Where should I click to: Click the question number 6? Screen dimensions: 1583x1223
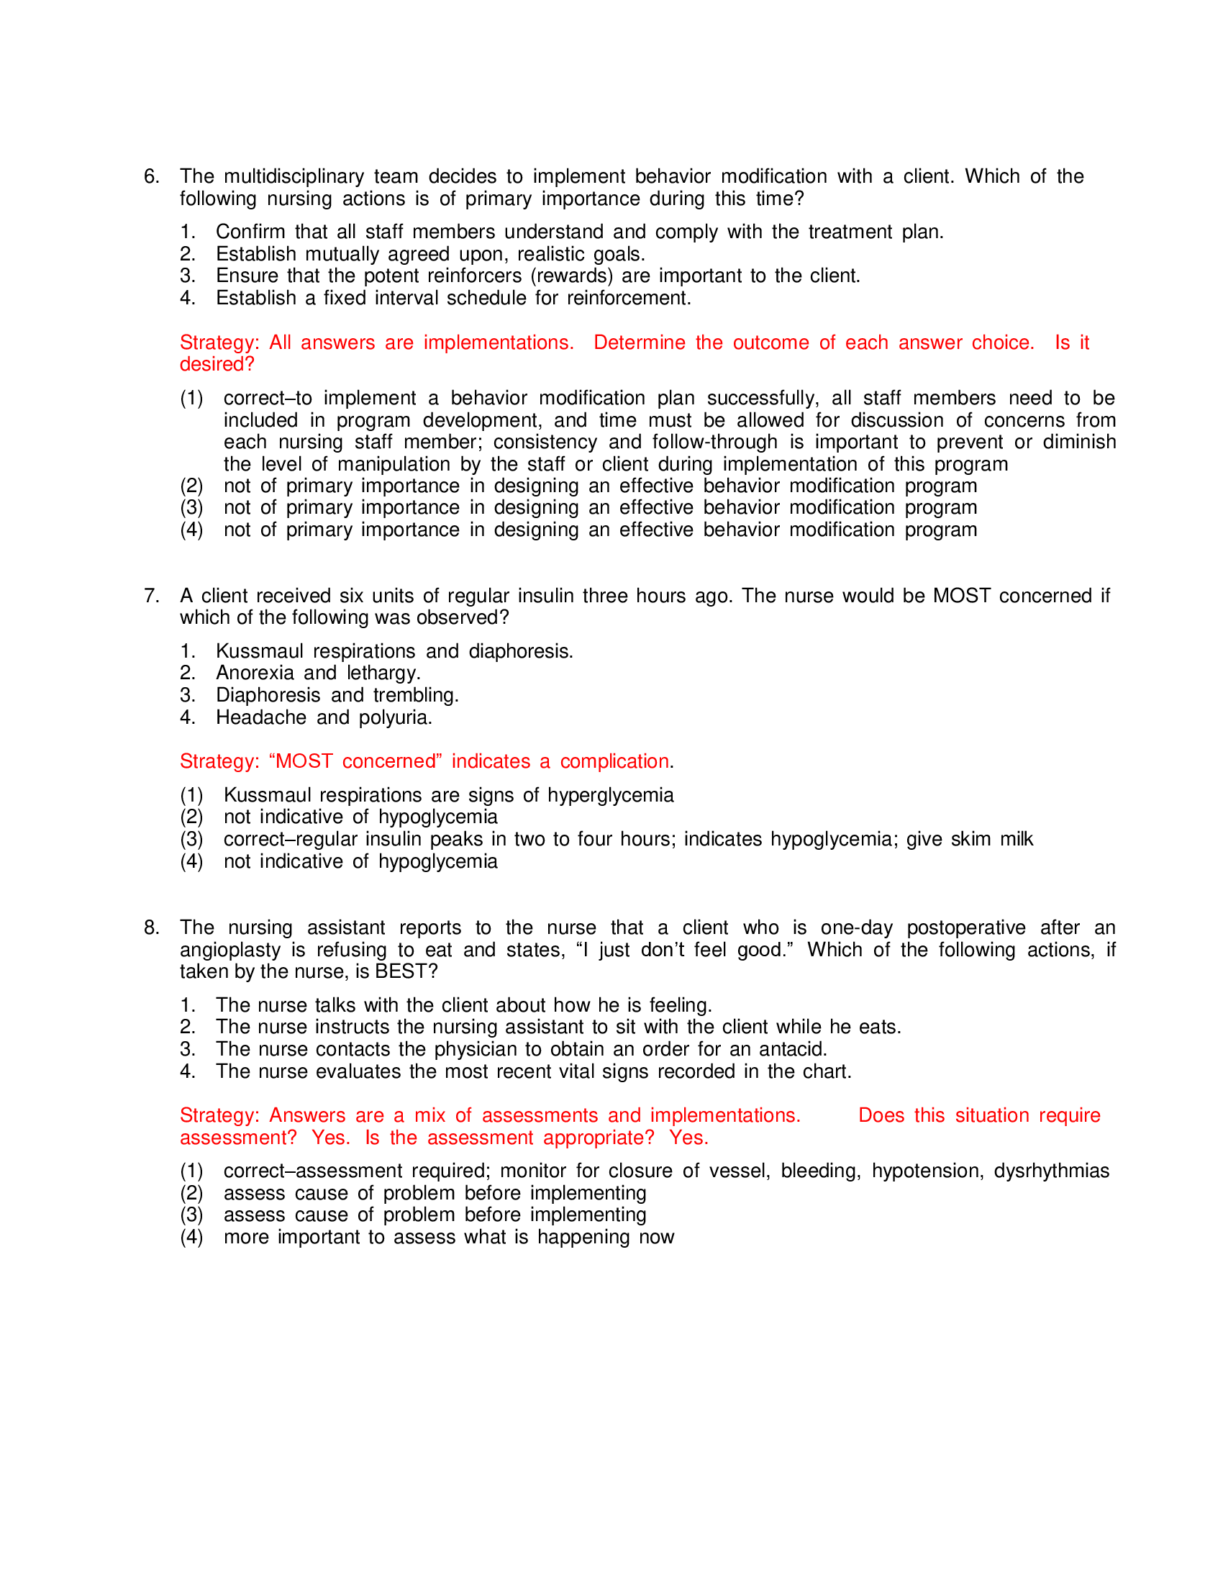pyautogui.click(x=150, y=177)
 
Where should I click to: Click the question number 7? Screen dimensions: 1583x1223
pyautogui.click(x=150, y=596)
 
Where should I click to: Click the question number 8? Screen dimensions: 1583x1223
pyautogui.click(x=150, y=927)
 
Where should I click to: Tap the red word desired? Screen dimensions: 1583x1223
pyautogui.click(x=217, y=365)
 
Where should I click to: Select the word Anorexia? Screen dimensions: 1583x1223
pyautogui.click(x=254, y=673)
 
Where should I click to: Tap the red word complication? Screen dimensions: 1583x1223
pyautogui.click(x=614, y=762)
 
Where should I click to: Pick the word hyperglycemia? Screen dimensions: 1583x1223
pyautogui.click(x=610, y=796)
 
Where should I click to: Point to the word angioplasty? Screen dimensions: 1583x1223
pyautogui.click(x=229, y=951)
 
